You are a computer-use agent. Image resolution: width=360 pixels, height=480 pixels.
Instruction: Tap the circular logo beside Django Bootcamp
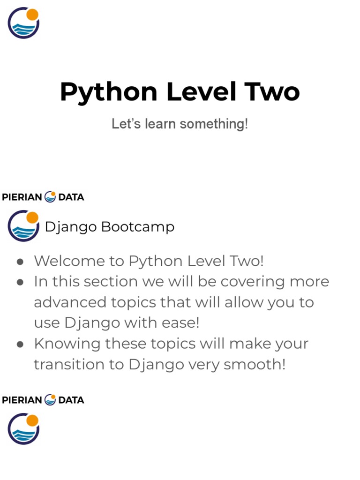23,225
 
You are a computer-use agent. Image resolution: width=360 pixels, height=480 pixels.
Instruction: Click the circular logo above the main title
23,22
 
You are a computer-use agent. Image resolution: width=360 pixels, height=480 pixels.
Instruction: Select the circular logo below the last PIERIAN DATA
23,428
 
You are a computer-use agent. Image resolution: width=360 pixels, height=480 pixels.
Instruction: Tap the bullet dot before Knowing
20,345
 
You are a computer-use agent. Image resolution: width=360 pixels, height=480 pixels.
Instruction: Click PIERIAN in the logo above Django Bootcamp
22,197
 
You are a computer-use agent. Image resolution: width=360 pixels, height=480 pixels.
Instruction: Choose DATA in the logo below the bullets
71,400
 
